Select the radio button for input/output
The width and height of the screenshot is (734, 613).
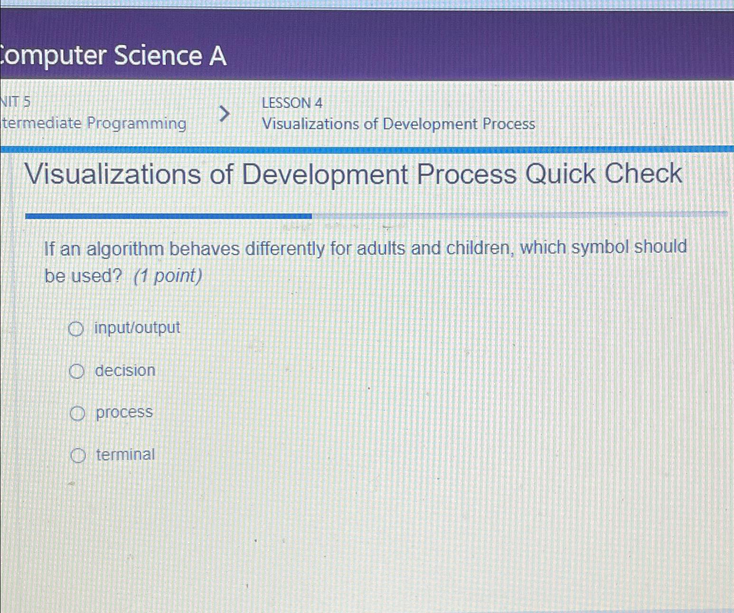tap(76, 329)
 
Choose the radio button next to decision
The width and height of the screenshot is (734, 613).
tap(76, 371)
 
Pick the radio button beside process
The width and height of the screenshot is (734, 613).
tap(77, 414)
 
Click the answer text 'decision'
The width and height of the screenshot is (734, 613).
tap(125, 370)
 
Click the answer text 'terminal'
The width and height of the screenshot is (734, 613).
tap(125, 455)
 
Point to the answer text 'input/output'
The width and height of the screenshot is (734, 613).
tap(137, 327)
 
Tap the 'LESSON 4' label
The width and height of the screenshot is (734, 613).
tap(292, 103)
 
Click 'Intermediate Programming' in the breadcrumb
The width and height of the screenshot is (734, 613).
tap(94, 124)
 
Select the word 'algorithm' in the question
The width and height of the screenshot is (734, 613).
tap(125, 249)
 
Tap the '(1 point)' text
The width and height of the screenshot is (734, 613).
tap(168, 276)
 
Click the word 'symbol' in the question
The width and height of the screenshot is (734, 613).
tap(600, 247)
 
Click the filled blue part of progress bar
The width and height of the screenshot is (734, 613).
tap(168, 216)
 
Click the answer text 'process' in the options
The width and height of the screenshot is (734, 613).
tap(124, 412)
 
